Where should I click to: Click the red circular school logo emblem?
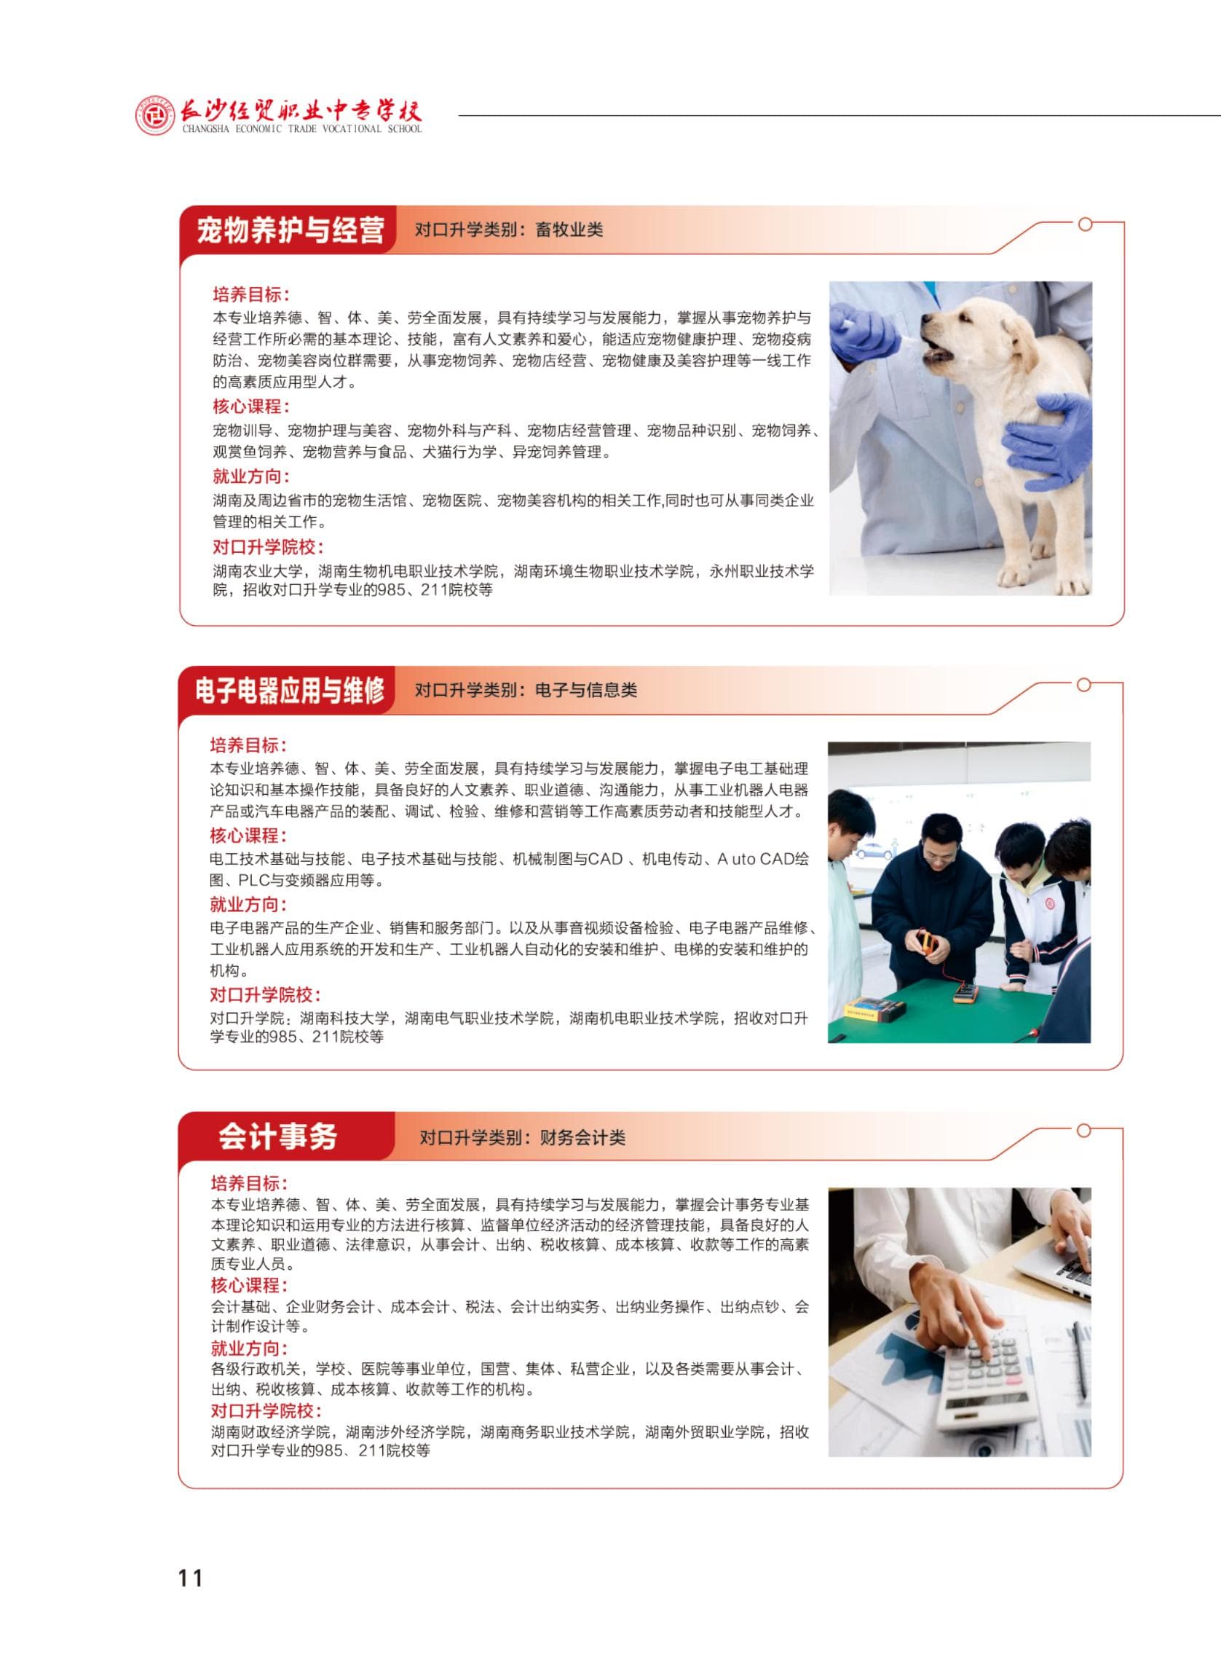coord(155,116)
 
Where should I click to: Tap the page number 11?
coord(190,1578)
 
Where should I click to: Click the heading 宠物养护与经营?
coord(291,230)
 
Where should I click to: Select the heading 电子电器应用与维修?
coord(290,691)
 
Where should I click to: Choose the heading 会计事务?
coord(278,1136)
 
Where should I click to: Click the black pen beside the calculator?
coord(1080,1362)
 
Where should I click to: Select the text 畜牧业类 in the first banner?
coord(569,230)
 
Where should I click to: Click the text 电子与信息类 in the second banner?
coord(586,691)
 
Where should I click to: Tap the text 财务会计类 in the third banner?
coord(582,1137)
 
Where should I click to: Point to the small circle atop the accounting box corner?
coord(1083,1130)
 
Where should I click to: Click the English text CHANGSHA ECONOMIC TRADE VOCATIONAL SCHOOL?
coord(302,129)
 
